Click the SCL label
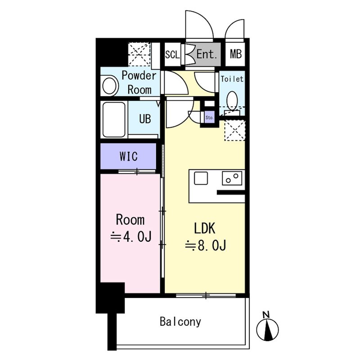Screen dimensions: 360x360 [172, 54]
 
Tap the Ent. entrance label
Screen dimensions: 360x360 [207, 54]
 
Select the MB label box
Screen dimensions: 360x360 [236, 54]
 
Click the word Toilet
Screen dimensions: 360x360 [232, 79]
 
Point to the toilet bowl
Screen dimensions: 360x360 [232, 100]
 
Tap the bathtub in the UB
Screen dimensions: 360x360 [114, 119]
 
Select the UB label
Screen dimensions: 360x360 [145, 119]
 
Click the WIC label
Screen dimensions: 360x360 [129, 156]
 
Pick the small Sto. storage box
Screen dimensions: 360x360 [209, 117]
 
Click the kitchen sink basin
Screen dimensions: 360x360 [201, 178]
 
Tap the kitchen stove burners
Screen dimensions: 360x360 [232, 178]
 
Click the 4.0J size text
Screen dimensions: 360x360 [131, 237]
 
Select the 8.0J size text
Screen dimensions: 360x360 [206, 245]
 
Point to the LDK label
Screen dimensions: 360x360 [205, 228]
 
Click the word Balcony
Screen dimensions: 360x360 [180, 322]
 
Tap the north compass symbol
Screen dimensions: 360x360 [267, 329]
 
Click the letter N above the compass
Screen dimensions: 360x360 [266, 315]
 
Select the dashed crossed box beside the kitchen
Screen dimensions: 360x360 [234, 130]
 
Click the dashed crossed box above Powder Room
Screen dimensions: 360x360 [139, 54]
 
